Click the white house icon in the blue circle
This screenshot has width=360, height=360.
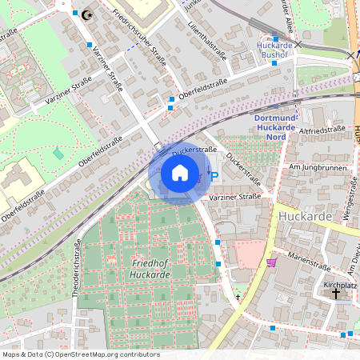180,173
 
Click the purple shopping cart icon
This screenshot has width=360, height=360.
272,262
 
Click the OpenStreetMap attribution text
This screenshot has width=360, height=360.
80,354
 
